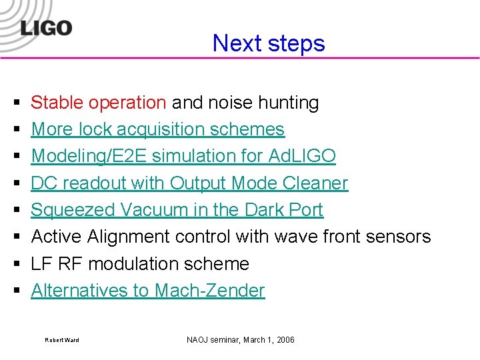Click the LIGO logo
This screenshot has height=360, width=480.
[45, 28]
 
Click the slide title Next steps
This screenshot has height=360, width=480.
[269, 43]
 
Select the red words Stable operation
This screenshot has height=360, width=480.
[99, 103]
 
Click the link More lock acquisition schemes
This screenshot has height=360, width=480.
[158, 129]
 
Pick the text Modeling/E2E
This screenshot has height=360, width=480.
[89, 156]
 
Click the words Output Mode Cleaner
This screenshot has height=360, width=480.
[259, 183]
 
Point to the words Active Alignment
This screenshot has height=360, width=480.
[101, 237]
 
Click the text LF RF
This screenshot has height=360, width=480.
[57, 264]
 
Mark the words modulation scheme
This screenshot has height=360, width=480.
[169, 264]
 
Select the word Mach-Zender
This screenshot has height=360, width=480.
[209, 291]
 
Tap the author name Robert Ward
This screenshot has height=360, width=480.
[62, 341]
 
